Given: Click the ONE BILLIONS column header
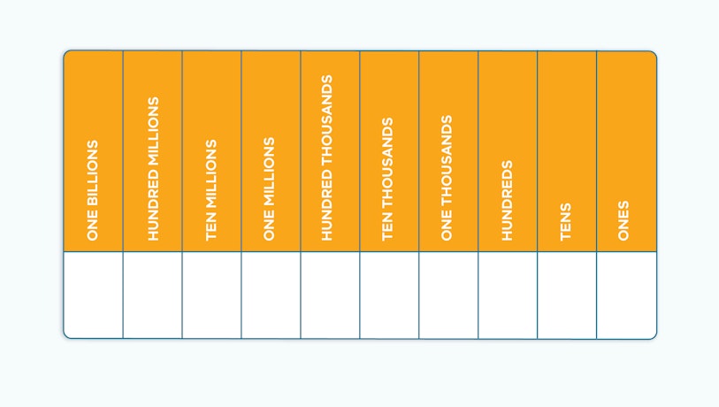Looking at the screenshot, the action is click(93, 190).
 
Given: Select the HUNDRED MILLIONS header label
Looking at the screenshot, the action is click(153, 168).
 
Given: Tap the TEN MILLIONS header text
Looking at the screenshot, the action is click(211, 190).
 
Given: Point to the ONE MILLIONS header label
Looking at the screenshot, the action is click(269, 188).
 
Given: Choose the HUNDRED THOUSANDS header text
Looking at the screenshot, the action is click(326, 157).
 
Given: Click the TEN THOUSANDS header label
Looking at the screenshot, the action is click(387, 179).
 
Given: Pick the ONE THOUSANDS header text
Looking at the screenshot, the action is click(447, 178).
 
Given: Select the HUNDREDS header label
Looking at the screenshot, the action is click(507, 201).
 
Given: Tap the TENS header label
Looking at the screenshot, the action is click(566, 221).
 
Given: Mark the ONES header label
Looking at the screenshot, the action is click(623, 220).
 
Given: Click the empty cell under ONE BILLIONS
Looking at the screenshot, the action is click(93, 295).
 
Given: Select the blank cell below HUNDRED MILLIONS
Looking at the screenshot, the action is click(153, 295).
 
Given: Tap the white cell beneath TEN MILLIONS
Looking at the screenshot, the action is click(212, 295).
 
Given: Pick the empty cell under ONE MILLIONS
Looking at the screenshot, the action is click(271, 295).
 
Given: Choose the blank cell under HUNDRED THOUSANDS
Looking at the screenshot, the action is click(330, 295).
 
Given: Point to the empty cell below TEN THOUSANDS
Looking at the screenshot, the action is click(389, 295).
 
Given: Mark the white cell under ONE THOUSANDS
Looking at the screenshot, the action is click(448, 295).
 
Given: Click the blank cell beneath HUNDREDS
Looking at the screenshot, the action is click(508, 295).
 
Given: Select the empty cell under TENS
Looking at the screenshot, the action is click(567, 295).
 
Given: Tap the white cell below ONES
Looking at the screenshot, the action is click(626, 295).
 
